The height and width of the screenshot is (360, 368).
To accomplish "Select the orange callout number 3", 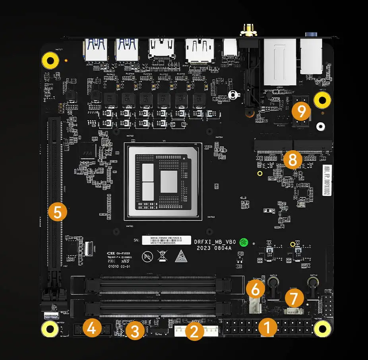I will tap(135, 330).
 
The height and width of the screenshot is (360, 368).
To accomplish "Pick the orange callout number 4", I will tap(91, 328).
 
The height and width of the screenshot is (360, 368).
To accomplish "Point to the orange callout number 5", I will tap(58, 212).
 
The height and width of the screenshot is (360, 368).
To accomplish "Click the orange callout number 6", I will tap(256, 289).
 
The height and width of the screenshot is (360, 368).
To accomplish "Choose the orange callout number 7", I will tap(294, 298).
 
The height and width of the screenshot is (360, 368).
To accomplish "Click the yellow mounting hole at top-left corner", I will tap(50, 61).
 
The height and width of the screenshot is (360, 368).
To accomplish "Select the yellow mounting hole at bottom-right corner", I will tap(323, 327).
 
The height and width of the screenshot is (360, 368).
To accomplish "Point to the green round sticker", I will tap(246, 242).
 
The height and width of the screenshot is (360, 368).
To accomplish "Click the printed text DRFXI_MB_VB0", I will tap(215, 242).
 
